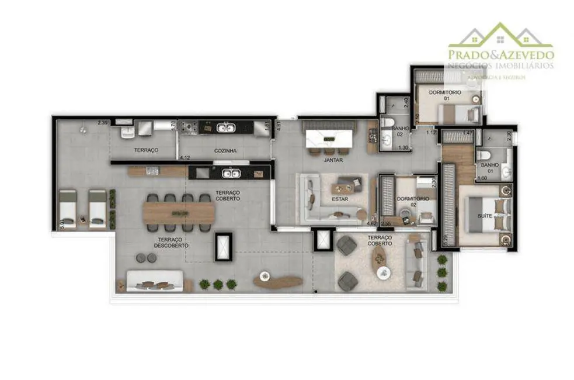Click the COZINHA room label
click(225, 151)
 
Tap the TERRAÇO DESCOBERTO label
click(172, 243)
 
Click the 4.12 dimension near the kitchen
click(186, 158)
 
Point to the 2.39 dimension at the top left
click(103, 123)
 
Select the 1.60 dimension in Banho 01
click(482, 178)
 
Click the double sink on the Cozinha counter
click(225, 127)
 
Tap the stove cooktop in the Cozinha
click(189, 127)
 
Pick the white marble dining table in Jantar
click(331, 139)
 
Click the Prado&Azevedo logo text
click(500, 54)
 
